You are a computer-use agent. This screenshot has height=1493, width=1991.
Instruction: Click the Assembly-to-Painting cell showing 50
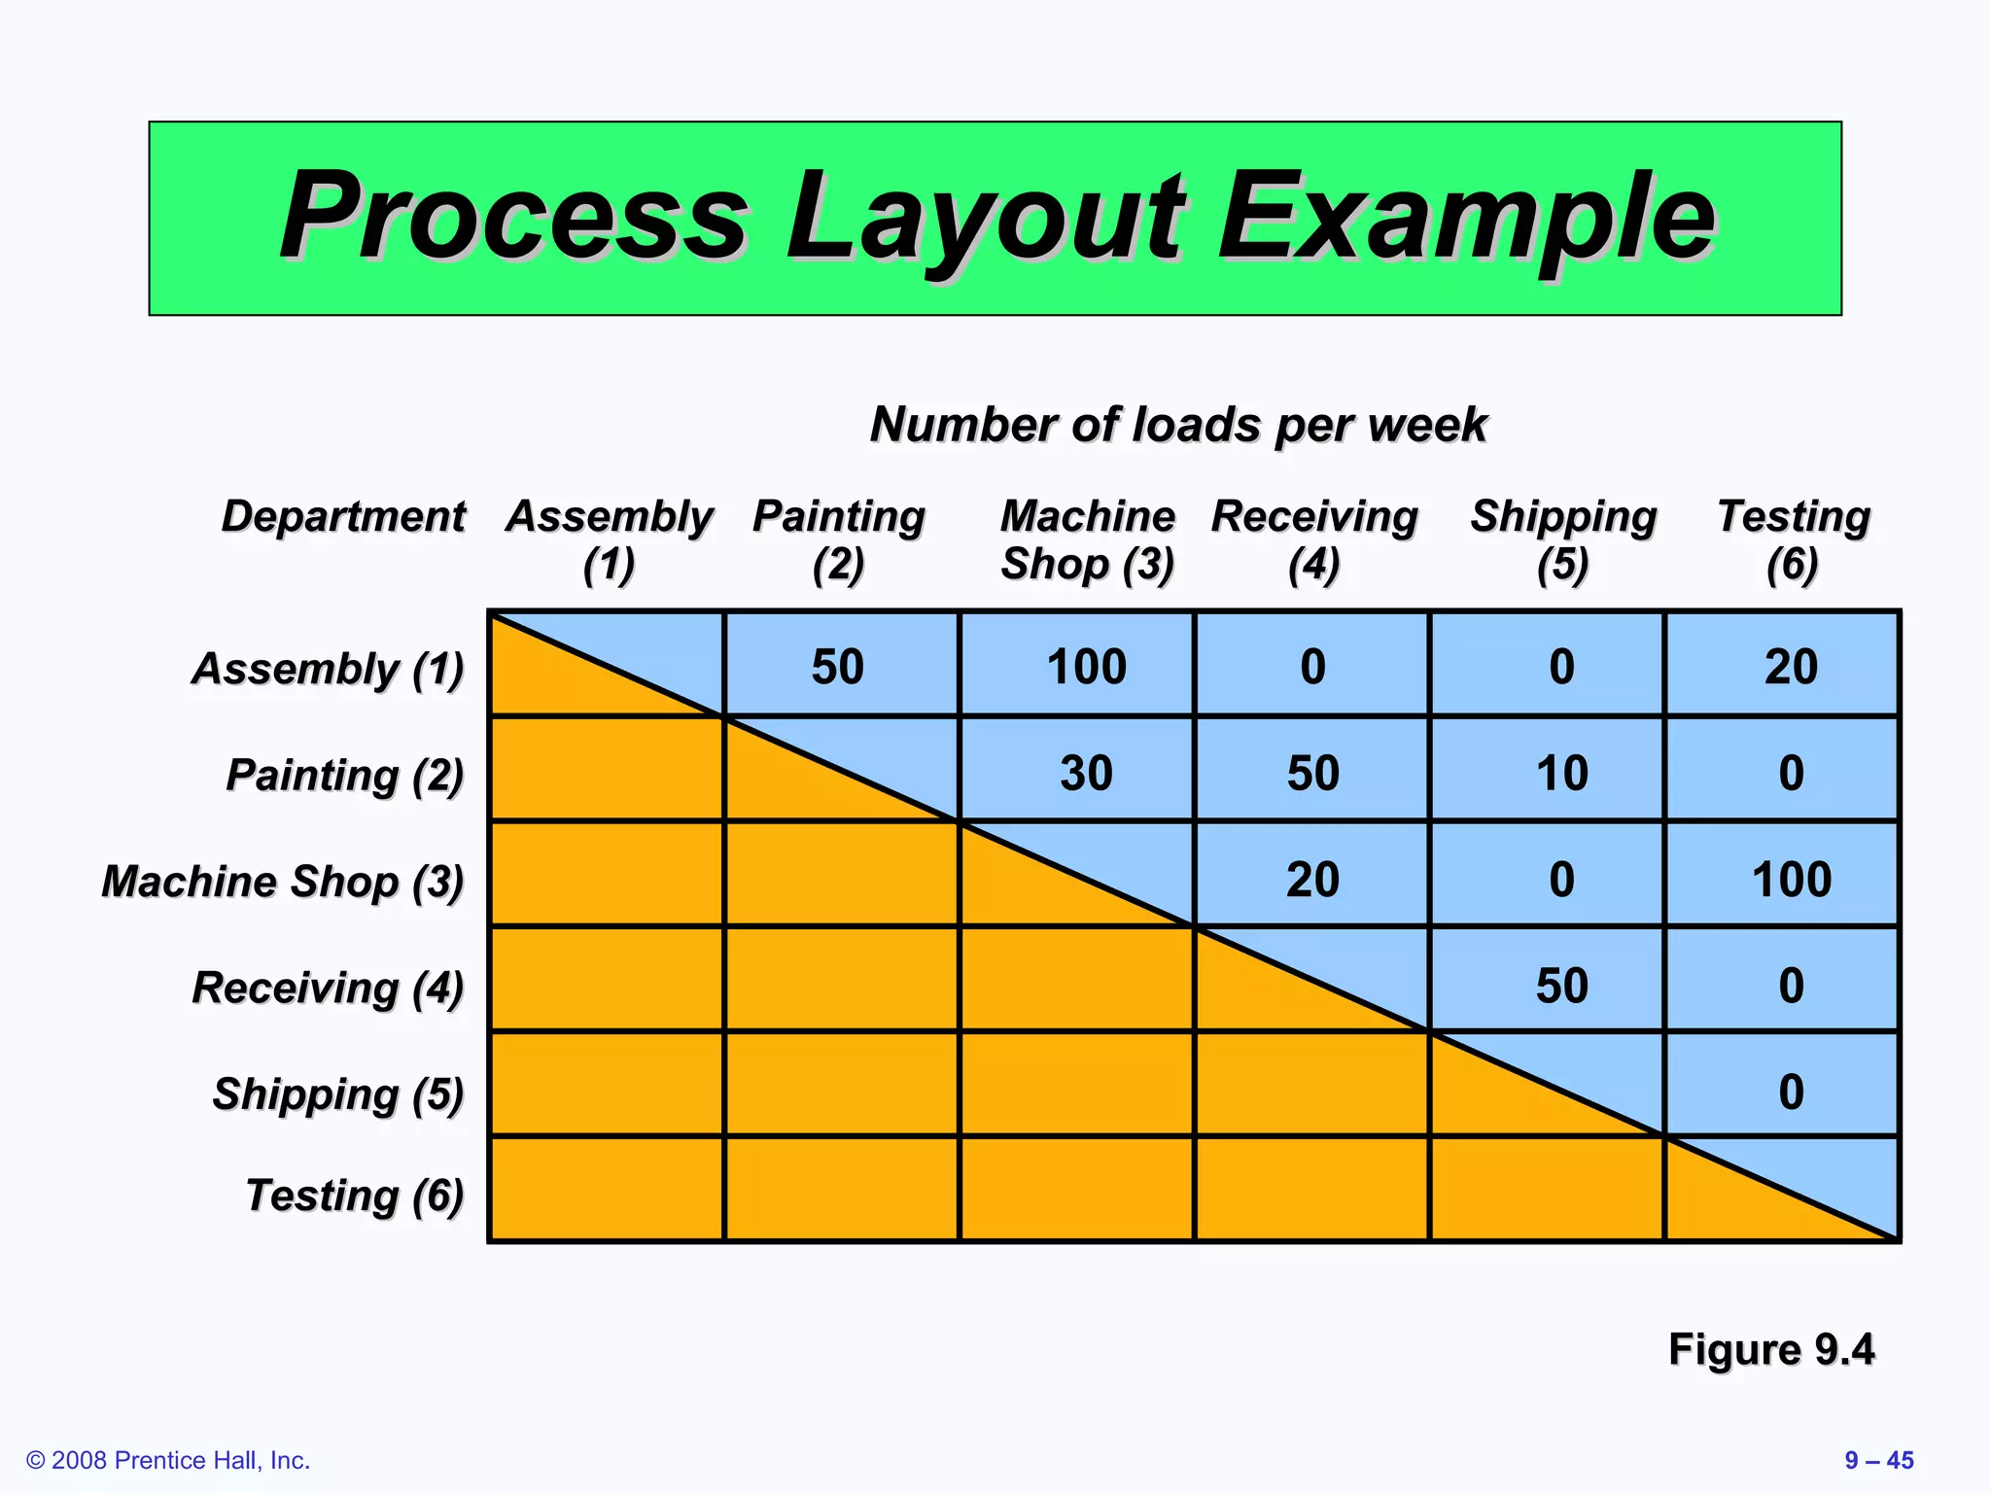[838, 667]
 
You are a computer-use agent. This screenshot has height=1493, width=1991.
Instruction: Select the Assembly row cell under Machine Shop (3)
[1086, 667]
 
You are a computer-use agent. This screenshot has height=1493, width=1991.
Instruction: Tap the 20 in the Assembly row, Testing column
[1791, 667]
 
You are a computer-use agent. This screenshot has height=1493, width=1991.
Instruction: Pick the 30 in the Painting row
[1086, 773]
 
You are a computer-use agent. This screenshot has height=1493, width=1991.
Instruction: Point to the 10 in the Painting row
[1561, 773]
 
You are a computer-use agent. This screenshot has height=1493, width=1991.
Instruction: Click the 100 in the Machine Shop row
[1791, 879]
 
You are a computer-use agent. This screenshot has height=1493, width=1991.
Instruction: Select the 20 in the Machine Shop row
[1312, 879]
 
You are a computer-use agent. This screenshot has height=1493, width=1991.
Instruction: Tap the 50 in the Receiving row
[1561, 985]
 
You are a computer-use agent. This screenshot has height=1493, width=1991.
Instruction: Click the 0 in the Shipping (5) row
[1791, 1092]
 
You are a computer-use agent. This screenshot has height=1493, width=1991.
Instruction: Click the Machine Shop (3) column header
[1088, 540]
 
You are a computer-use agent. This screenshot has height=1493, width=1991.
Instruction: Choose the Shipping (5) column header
[1563, 540]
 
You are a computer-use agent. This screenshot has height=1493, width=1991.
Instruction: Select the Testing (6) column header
[1794, 540]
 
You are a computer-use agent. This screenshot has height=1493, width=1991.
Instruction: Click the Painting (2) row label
[344, 775]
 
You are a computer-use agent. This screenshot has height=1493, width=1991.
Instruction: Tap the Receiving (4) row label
[328, 987]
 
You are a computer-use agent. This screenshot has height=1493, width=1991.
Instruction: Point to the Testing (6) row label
[354, 1195]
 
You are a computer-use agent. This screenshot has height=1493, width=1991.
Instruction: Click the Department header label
[343, 516]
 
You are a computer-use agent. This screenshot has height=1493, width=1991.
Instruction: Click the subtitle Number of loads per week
[1178, 425]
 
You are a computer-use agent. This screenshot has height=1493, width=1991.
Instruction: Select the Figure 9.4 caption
[1770, 1349]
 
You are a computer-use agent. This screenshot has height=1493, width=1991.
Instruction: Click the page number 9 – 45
[1878, 1460]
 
